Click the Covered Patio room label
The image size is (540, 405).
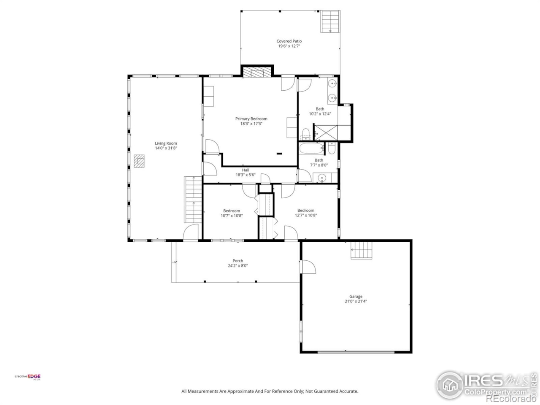pyautogui.click(x=289, y=41)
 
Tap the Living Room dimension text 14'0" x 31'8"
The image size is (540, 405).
pyautogui.click(x=166, y=148)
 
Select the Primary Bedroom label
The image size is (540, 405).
pyautogui.click(x=251, y=119)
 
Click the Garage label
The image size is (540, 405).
pyautogui.click(x=356, y=297)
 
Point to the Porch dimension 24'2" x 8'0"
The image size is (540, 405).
pyautogui.click(x=238, y=266)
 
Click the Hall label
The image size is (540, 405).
pyautogui.click(x=245, y=170)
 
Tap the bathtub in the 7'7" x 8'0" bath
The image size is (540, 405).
pyautogui.click(x=311, y=149)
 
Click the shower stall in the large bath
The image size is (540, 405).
pyautogui.click(x=326, y=132)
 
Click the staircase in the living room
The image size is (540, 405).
pyautogui.click(x=194, y=200)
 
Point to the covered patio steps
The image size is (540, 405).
pyautogui.click(x=330, y=21)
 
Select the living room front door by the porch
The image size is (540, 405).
pyautogui.click(x=191, y=233)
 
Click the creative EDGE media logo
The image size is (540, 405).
pyautogui.click(x=28, y=377)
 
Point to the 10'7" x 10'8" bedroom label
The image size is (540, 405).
pyautogui.click(x=232, y=213)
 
